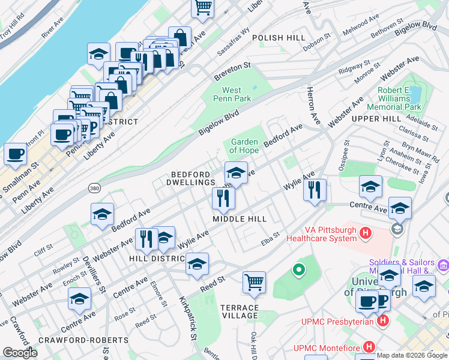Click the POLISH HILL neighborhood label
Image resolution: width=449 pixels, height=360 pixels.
[279, 37]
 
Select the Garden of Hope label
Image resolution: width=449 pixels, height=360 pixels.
[245, 146]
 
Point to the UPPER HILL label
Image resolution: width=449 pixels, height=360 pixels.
[376, 119]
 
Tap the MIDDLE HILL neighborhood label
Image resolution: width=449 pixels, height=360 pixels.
[240, 219]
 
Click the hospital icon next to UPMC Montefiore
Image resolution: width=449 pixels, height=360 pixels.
[369, 347]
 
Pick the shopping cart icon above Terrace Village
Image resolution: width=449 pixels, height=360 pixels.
[255, 281]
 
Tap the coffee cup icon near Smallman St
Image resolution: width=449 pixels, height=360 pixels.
[15, 154]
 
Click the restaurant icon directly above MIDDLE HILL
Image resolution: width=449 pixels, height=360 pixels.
[223, 197]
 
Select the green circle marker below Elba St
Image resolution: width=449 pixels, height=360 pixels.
[298, 270]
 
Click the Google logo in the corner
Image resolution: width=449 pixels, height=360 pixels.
[20, 353]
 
